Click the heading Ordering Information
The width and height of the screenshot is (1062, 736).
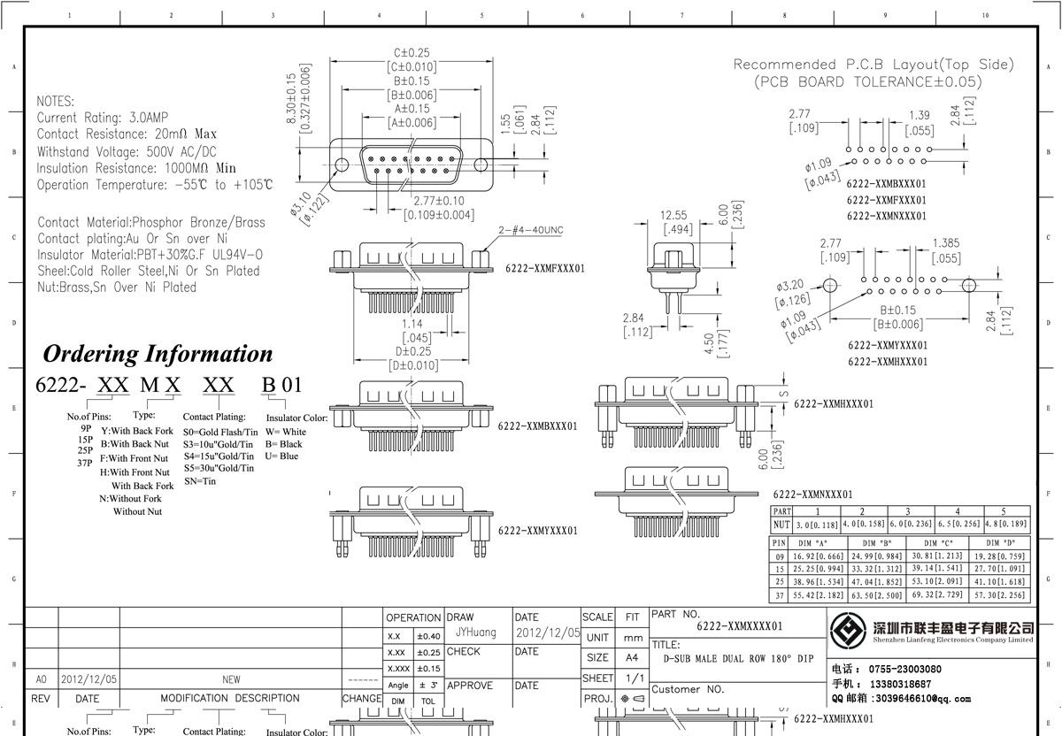(x=158, y=354)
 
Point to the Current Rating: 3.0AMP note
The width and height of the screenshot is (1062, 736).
(x=103, y=118)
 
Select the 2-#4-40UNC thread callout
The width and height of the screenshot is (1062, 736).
(x=530, y=231)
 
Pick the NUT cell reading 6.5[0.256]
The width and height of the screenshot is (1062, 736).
(x=957, y=525)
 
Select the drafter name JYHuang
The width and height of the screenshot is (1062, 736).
(x=476, y=632)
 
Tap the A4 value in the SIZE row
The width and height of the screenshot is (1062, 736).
(x=632, y=658)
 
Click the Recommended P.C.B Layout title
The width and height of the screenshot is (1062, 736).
(x=873, y=65)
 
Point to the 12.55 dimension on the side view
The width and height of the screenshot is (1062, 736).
(x=673, y=215)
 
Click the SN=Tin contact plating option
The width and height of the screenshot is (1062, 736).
(x=200, y=481)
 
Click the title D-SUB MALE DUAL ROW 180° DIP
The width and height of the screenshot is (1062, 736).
(x=738, y=659)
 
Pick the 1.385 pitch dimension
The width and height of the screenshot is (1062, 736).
(x=946, y=242)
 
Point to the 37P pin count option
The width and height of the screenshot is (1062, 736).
(x=85, y=463)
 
